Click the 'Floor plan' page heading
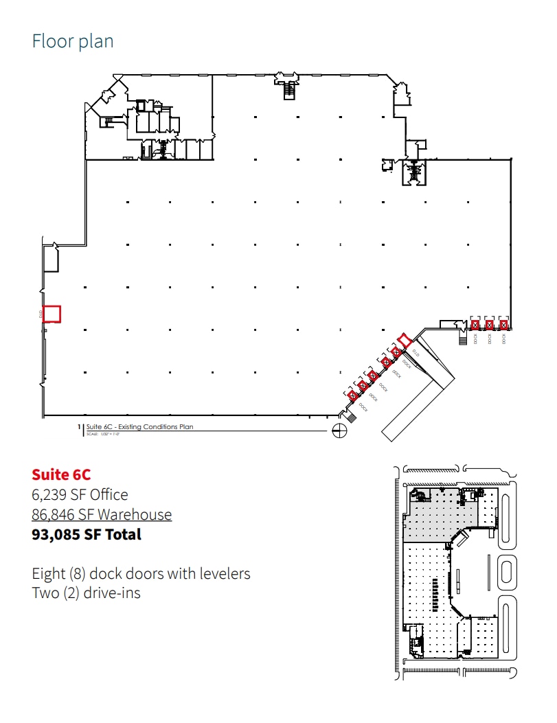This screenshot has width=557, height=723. point(73,41)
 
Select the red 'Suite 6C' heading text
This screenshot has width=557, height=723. point(61,474)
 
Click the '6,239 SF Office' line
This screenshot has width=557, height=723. point(80,494)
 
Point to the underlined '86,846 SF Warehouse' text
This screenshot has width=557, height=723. point(102,514)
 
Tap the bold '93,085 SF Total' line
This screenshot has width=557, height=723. point(87,534)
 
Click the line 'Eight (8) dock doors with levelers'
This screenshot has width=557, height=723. point(141,573)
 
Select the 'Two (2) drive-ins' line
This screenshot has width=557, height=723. point(86,593)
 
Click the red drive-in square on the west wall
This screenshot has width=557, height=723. point(52,314)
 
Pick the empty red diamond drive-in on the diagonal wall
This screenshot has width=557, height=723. point(405,340)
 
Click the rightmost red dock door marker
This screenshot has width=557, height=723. point(503,325)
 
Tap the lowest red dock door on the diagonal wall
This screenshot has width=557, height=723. point(352,395)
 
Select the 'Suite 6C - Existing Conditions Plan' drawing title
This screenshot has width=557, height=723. point(140,427)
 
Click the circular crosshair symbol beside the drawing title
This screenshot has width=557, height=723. point(338,431)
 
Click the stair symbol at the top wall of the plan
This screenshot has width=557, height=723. point(289,89)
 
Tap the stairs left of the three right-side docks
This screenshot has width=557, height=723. point(462,338)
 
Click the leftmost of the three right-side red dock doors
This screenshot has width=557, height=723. point(475,325)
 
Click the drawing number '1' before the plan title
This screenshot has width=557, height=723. point(80,427)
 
